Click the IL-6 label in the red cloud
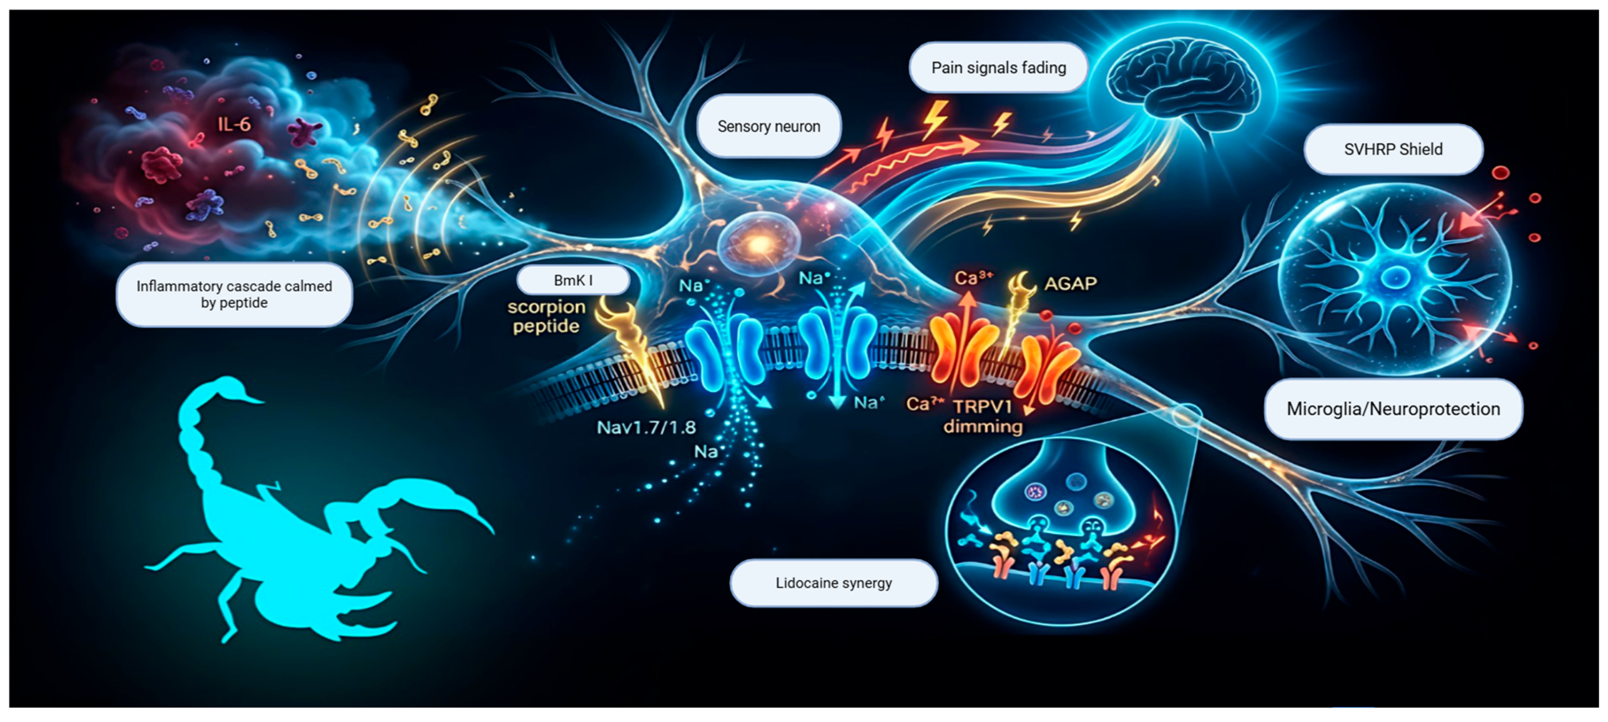234,124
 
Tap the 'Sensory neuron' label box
768,126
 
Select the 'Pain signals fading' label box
998,67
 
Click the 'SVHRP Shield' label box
1393,149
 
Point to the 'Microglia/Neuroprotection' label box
1393,409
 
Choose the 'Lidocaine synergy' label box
833,583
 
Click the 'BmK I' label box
573,280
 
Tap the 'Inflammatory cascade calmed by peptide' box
234,294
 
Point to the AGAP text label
1070,284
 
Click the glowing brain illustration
1183,81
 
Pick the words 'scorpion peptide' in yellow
547,316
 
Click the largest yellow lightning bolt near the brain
934,119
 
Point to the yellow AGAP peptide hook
1021,288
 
